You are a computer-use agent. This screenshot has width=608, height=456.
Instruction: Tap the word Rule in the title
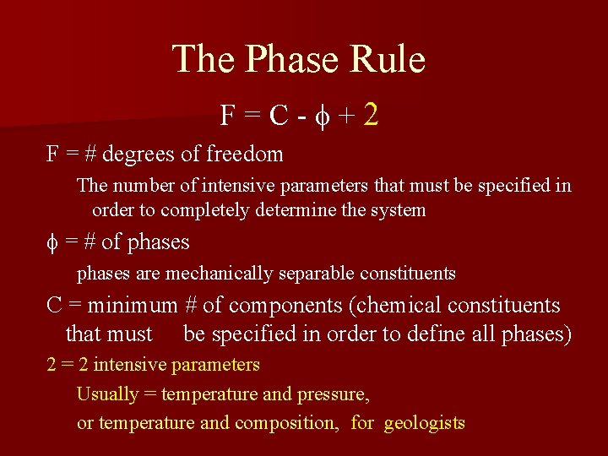[x=389, y=60]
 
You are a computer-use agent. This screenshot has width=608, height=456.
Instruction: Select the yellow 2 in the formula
[x=370, y=115]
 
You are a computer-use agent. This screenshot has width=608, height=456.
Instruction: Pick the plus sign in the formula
[x=345, y=117]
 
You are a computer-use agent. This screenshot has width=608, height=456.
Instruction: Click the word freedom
[x=245, y=155]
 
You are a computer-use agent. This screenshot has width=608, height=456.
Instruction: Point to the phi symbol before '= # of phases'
[x=52, y=243]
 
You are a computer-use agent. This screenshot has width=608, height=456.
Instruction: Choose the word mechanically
[x=214, y=274]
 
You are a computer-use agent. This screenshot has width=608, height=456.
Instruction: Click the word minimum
[x=133, y=306]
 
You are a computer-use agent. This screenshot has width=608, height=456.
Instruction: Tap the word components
[x=278, y=306]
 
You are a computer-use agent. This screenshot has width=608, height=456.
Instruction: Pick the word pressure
[x=333, y=394]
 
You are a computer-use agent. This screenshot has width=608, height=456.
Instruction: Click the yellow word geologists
[x=424, y=423]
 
